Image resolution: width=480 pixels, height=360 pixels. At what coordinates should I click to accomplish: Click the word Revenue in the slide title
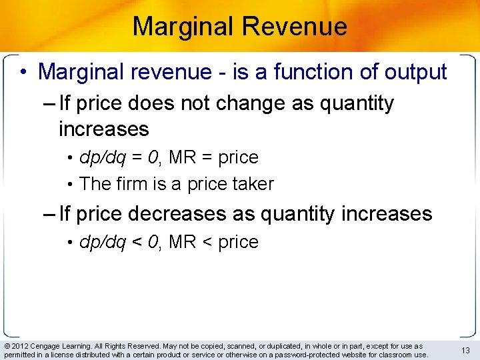coord(295,27)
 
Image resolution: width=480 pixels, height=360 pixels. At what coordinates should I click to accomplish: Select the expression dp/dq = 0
coord(120,157)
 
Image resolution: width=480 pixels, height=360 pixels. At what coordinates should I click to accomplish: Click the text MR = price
coord(213,157)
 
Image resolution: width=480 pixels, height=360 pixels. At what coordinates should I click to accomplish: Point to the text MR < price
coord(213,242)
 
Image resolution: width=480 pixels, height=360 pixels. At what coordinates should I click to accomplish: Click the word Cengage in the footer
coord(47,347)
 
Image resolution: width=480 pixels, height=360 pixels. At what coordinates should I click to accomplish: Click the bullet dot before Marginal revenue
coord(23,72)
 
